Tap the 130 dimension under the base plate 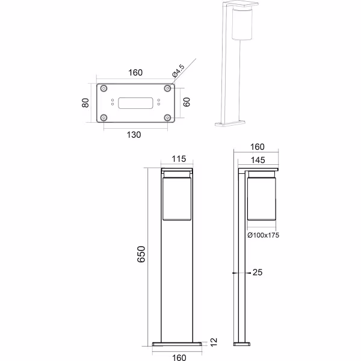pos(134,135)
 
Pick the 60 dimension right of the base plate pos(187,102)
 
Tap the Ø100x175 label pos(263,235)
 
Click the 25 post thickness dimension pos(258,273)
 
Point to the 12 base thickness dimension pos(212,341)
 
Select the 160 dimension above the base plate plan pos(135,73)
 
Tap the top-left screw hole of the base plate pos(105,88)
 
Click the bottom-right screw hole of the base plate pos(167,117)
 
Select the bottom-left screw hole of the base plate pos(105,117)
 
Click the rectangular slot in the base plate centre pos(135,103)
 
